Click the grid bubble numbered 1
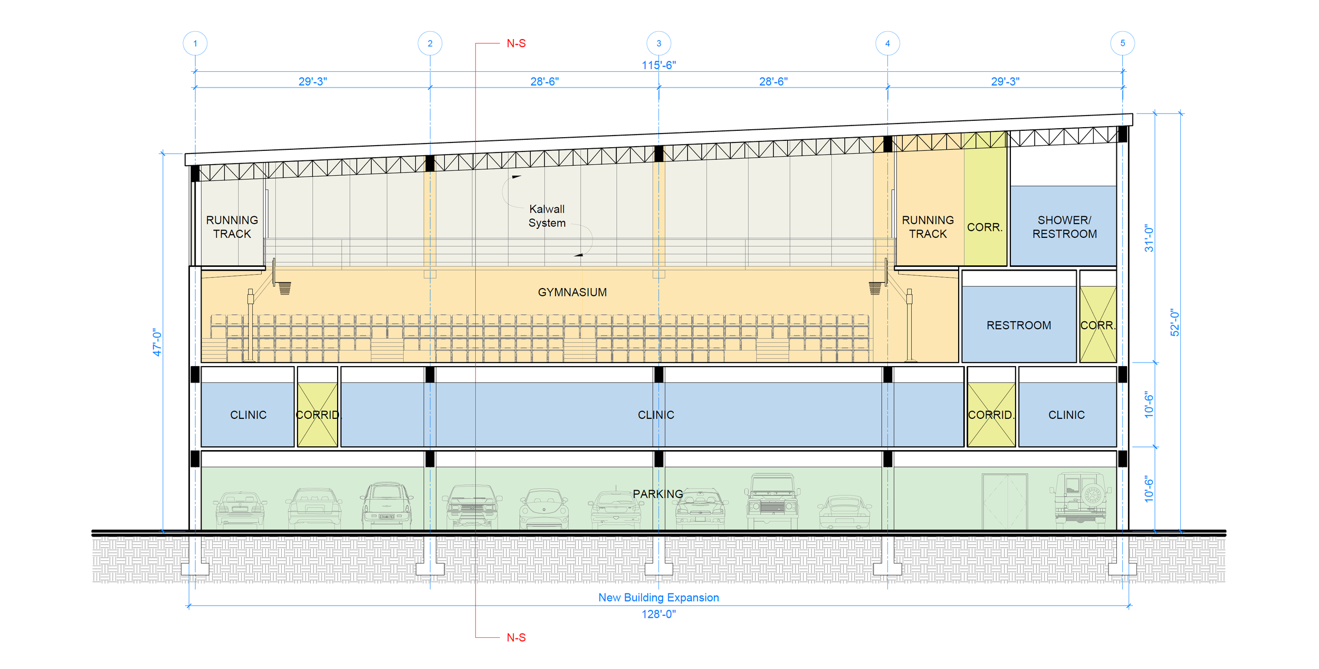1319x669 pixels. [195, 43]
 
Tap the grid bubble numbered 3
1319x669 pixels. [658, 43]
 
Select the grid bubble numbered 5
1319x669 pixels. [1122, 43]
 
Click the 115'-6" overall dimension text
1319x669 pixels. [658, 65]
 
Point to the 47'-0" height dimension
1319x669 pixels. [157, 342]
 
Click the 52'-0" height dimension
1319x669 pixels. [1174, 322]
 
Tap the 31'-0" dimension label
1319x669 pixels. [1149, 238]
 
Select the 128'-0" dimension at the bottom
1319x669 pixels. [658, 614]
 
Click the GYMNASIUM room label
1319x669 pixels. [572, 292]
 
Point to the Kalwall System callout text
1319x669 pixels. [547, 216]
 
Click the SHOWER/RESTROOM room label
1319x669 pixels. [1064, 227]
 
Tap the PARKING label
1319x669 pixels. [658, 494]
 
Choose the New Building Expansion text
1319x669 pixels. [658, 597]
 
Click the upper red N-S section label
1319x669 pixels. [516, 43]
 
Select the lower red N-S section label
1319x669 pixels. [516, 637]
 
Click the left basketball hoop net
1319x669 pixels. [285, 288]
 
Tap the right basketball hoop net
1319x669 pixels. [875, 288]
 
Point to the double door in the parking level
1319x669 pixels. [1005, 501]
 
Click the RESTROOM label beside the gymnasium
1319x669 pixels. [1019, 326]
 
